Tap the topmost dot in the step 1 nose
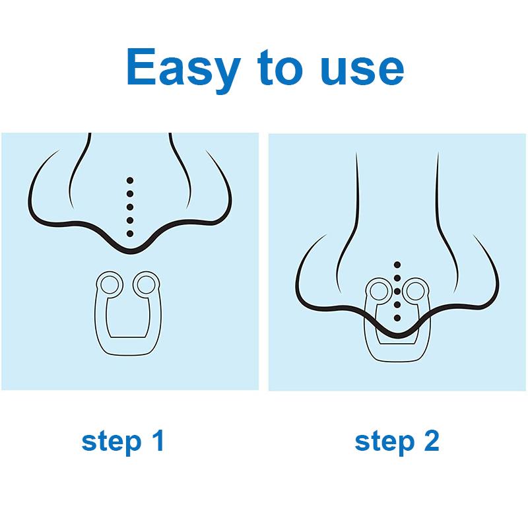(130, 180)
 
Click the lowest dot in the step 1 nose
(130, 234)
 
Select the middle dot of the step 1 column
(130, 207)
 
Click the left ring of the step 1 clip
(109, 284)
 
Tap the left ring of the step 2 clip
(379, 290)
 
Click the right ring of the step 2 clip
(415, 290)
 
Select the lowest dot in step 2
(397, 318)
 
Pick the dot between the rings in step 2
(397, 291)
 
